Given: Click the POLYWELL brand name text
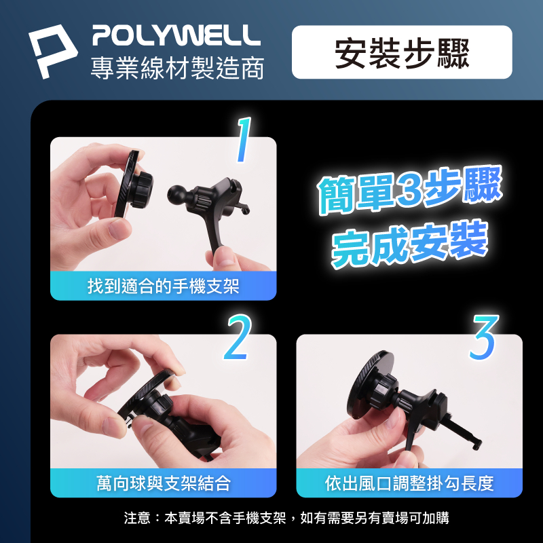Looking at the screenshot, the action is point(176,35).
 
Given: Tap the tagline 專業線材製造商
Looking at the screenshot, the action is point(177,67).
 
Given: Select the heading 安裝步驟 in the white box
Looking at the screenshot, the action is point(402,53).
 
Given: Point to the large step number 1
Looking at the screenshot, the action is point(244,140).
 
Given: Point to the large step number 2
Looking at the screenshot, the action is point(238,337).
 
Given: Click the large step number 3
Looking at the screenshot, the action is point(484,337).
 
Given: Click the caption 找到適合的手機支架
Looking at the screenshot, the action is point(163,286).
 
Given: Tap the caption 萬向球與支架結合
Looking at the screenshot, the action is point(163,483).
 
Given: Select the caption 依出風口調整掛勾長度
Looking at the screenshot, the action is point(409,483).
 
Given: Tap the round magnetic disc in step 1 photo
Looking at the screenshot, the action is point(128,183).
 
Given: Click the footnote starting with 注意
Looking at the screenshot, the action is point(286,518).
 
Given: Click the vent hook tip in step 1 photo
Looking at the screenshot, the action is point(245,210).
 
